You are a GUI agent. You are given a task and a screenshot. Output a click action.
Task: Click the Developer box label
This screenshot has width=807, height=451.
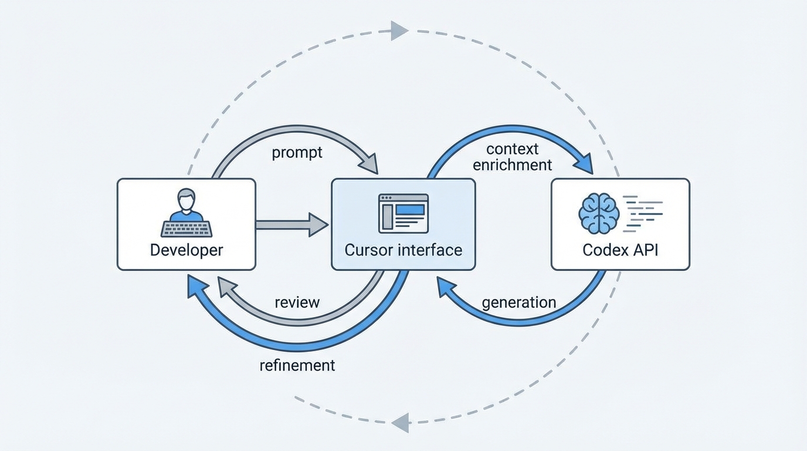click(x=187, y=250)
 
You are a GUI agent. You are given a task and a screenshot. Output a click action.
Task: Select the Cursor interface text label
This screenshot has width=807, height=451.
click(x=403, y=250)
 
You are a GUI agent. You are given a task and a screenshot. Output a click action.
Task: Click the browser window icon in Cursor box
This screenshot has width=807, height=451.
click(x=403, y=213)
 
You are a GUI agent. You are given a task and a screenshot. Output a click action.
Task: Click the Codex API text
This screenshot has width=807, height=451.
click(x=620, y=250)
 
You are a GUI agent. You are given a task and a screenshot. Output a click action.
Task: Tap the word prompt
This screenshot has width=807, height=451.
click(x=297, y=153)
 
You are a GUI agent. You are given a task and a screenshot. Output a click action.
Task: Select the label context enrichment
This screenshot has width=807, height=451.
click(x=512, y=157)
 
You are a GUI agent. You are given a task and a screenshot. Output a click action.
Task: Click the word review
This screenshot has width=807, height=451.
click(x=297, y=302)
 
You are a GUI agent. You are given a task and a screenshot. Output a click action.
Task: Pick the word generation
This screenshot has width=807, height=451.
click(x=518, y=302)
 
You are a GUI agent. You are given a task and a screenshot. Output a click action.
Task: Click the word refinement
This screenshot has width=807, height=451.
click(x=297, y=365)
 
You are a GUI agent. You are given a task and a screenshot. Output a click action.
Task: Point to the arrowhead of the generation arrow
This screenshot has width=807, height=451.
click(x=445, y=287)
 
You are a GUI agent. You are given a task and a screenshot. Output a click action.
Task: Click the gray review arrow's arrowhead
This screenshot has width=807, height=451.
click(x=226, y=286)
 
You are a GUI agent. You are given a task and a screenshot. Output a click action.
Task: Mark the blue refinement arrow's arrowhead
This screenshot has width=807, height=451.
click(x=195, y=287)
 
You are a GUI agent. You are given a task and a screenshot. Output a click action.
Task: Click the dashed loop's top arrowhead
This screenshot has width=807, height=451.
click(x=399, y=30)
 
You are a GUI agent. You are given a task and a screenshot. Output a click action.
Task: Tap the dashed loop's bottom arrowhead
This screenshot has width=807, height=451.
click(x=400, y=422)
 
